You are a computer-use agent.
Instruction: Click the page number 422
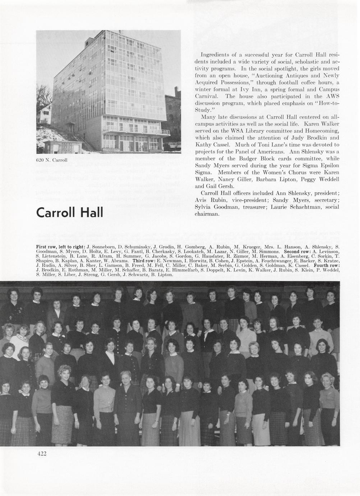coord(42,454)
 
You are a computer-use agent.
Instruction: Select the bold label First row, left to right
coord(60,247)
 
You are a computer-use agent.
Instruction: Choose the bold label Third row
coord(144,261)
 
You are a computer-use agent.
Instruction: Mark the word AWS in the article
coord(333,96)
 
